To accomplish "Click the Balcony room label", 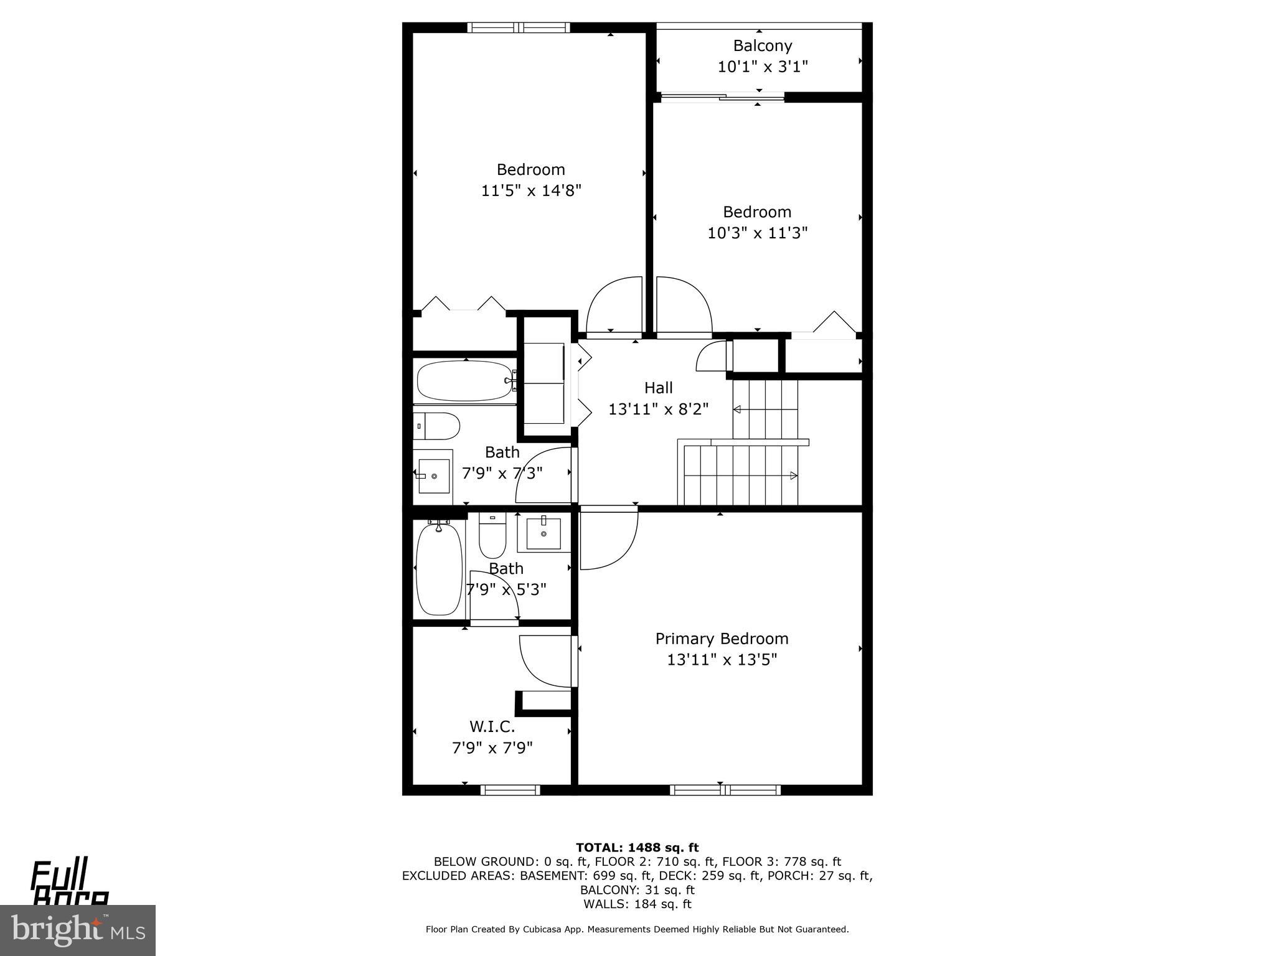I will coord(762,45).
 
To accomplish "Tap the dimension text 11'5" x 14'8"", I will coord(530,190).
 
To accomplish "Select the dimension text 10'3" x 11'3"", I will coord(757,233).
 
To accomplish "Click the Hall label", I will coord(658,388).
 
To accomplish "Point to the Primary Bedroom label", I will coord(722,639).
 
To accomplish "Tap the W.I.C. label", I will coord(492,726).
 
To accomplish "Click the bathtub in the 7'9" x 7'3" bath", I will coord(464,381).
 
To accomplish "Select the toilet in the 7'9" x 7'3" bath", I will coord(436,426).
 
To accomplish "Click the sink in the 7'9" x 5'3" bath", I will coord(543,533).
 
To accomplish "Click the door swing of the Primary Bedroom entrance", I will coord(607,539).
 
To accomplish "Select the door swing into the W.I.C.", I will coord(543,661).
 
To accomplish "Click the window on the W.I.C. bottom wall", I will coord(510,790).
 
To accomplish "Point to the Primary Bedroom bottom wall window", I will coord(725,790).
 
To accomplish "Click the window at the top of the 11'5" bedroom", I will coord(518,27).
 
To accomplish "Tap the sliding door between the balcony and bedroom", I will coord(722,96).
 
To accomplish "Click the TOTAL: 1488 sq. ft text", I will coord(637,847).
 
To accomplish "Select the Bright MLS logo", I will coord(77,930).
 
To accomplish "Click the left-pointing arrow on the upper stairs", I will coord(738,409).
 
